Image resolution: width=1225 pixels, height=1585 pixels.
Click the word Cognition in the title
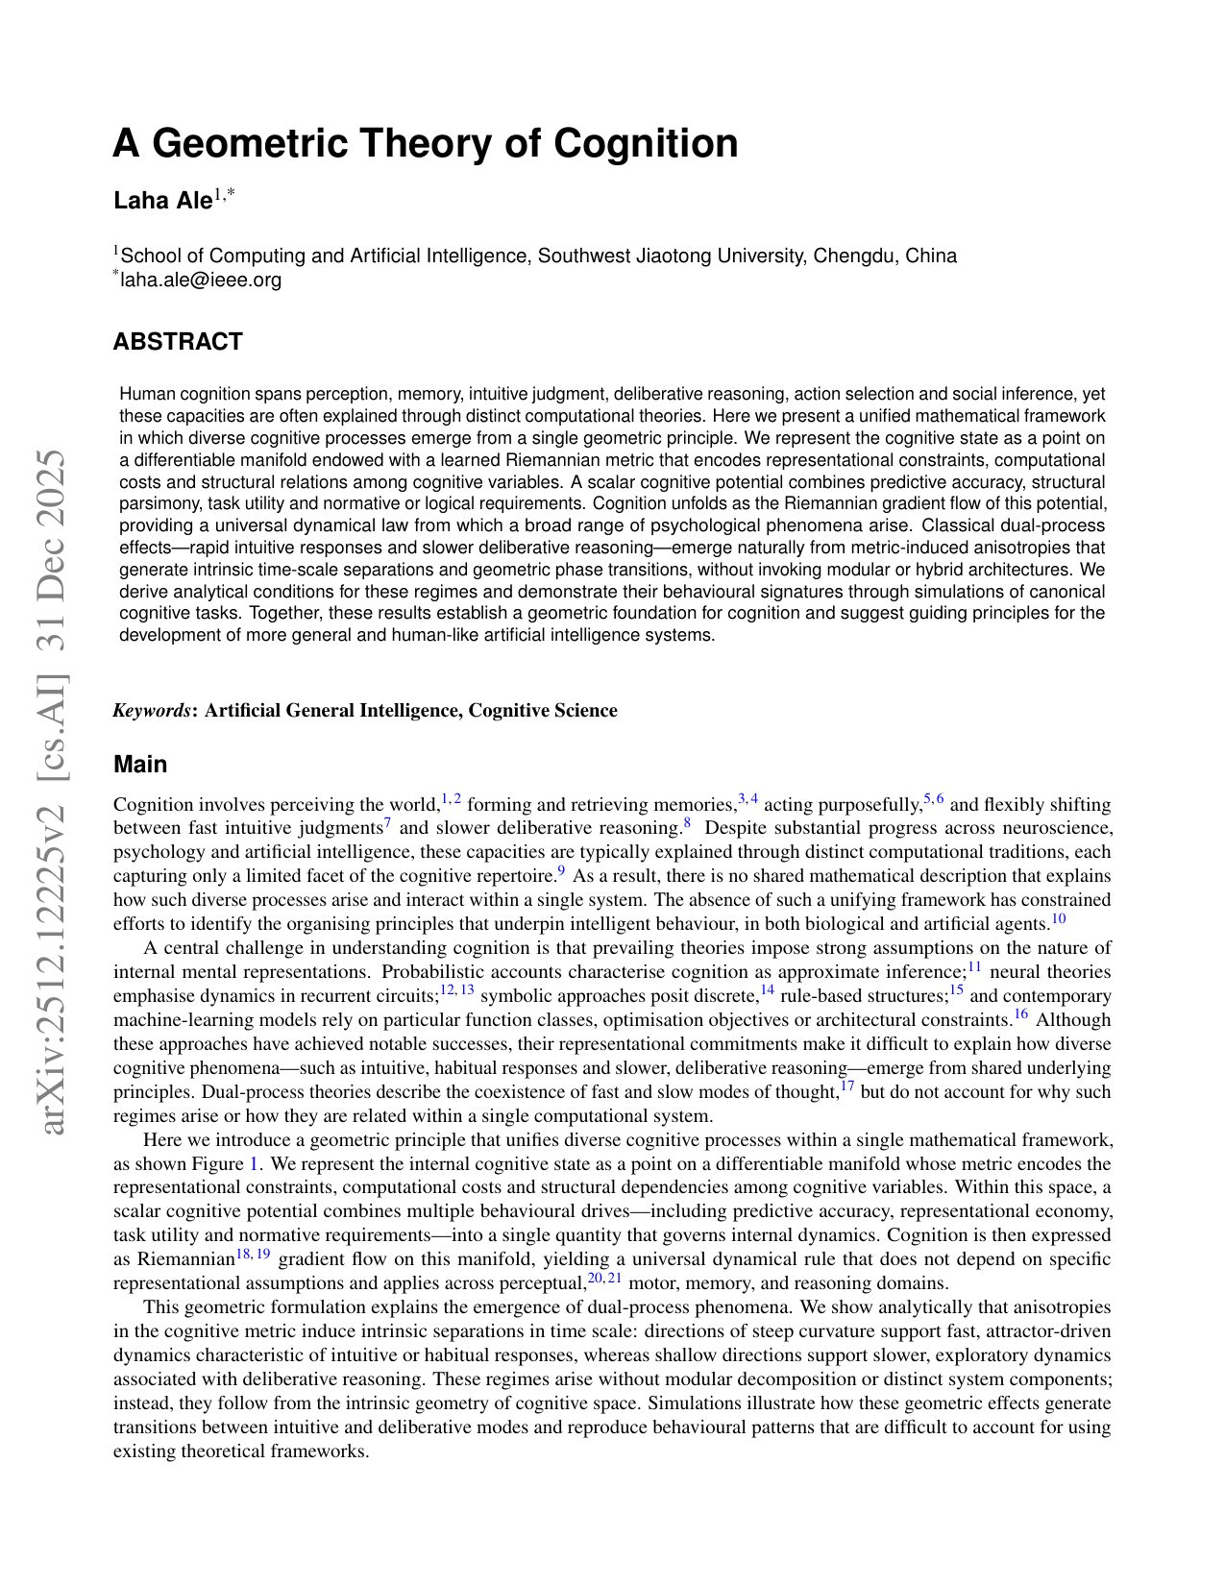click(x=646, y=143)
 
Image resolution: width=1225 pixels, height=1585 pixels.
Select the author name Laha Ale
click(x=162, y=200)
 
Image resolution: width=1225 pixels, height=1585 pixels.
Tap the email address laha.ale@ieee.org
click(x=201, y=280)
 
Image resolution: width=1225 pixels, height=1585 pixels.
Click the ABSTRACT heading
click(x=178, y=342)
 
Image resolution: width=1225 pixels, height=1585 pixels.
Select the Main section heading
click(x=140, y=765)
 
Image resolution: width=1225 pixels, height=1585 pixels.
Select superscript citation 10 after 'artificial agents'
click(x=1058, y=919)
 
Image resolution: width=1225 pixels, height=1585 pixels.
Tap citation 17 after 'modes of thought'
click(x=847, y=1087)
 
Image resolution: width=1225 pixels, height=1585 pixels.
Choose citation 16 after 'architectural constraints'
click(x=1020, y=1015)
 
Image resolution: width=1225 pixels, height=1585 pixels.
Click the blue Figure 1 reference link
click(x=255, y=1164)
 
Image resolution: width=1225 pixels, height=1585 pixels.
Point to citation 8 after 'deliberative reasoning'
click(x=687, y=824)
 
